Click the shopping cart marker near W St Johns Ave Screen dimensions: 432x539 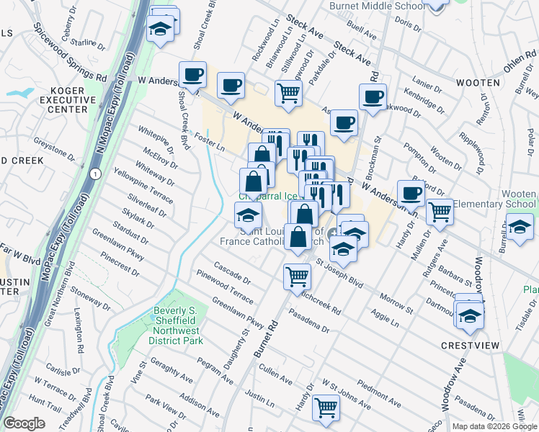click(326, 407)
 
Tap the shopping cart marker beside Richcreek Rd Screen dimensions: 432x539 click(297, 276)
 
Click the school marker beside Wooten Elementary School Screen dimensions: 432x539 click(519, 225)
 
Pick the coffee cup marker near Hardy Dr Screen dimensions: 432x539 click(411, 193)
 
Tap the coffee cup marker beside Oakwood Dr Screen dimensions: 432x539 click(373, 97)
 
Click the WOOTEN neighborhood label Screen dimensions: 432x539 click(478, 84)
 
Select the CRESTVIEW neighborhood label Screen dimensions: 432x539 click(471, 346)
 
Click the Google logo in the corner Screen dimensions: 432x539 click(24, 423)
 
